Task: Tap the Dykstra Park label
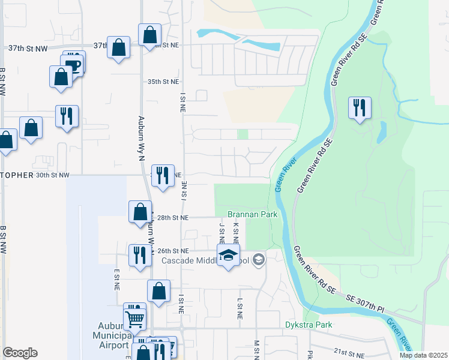coord(308,325)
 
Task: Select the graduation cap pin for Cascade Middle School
coord(228,256)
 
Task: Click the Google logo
coord(19,353)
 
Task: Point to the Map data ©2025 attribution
coord(424,355)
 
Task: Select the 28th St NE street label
coord(173,217)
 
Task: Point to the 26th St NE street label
coord(173,250)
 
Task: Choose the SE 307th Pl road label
coord(366,303)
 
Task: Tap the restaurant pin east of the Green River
coord(360,108)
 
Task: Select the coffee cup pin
coord(73,64)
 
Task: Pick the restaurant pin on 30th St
coord(163,175)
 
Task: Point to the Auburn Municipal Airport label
coord(114,335)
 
